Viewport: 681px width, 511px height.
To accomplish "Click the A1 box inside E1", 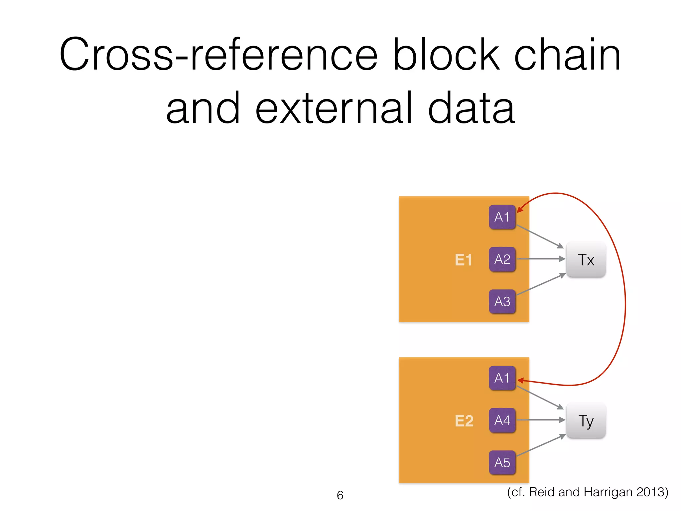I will (502, 217).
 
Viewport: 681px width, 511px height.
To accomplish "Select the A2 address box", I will (502, 259).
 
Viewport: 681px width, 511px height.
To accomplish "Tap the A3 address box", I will (502, 301).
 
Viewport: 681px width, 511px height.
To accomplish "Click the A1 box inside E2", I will (502, 378).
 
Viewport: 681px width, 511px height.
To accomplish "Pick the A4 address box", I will (502, 420).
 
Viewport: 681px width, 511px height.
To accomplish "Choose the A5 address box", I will (502, 462).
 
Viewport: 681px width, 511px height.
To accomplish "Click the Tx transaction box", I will (586, 260).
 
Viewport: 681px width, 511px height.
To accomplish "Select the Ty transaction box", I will (586, 421).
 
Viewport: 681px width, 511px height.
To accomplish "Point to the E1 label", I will (463, 260).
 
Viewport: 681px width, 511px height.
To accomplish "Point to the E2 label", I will (464, 421).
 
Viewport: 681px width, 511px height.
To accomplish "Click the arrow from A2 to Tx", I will (540, 259).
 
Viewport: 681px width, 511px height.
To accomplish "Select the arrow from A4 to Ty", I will (540, 420).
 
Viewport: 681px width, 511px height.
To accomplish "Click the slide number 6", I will (340, 495).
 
